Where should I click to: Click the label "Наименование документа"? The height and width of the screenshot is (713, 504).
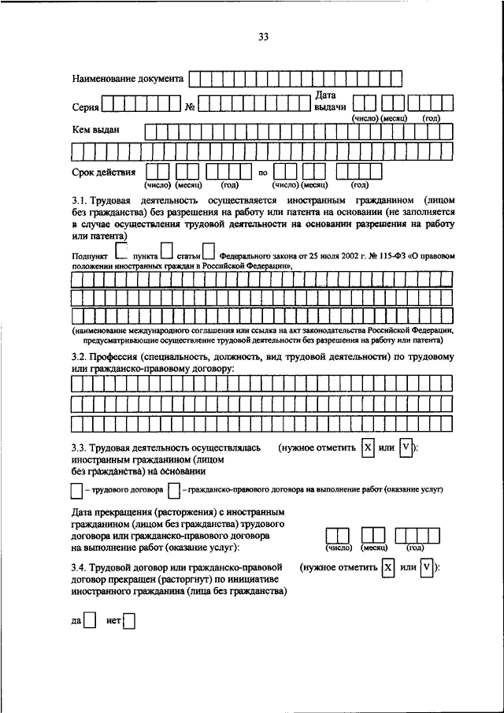128,79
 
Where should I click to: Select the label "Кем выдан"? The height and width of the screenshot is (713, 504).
96,129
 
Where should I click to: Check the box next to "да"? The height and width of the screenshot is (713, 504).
90,621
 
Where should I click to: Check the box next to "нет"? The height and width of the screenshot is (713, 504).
129,621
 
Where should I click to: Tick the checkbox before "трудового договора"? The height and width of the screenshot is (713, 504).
76,490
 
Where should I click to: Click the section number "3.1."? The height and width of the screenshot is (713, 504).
83,202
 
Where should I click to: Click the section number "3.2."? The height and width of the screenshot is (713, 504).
83,358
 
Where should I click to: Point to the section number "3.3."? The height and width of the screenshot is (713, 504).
83,447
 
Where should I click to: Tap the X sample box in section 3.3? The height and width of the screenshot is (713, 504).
368,447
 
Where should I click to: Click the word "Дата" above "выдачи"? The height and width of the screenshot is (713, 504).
326,95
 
